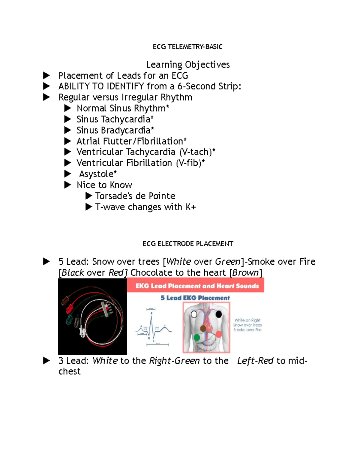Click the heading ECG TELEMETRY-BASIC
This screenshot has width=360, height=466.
(x=187, y=47)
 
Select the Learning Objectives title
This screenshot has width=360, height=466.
(x=188, y=65)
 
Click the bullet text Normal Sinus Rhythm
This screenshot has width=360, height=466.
(x=121, y=108)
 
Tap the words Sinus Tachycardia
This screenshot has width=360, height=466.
(x=113, y=119)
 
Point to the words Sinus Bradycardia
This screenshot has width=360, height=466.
(x=113, y=130)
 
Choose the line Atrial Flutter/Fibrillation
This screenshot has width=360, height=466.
(x=130, y=141)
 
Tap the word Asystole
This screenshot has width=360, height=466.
(x=96, y=174)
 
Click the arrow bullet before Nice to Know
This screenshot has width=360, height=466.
(x=68, y=185)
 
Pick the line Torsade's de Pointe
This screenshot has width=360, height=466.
(x=135, y=196)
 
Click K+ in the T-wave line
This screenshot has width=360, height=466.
(x=190, y=207)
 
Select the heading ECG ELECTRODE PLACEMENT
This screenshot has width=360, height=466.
(x=188, y=244)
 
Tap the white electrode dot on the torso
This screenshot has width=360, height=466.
(x=194, y=314)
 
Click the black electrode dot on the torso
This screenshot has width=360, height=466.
(x=219, y=314)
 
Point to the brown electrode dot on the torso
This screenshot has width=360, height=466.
(x=203, y=328)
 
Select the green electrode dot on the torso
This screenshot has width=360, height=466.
(x=197, y=338)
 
